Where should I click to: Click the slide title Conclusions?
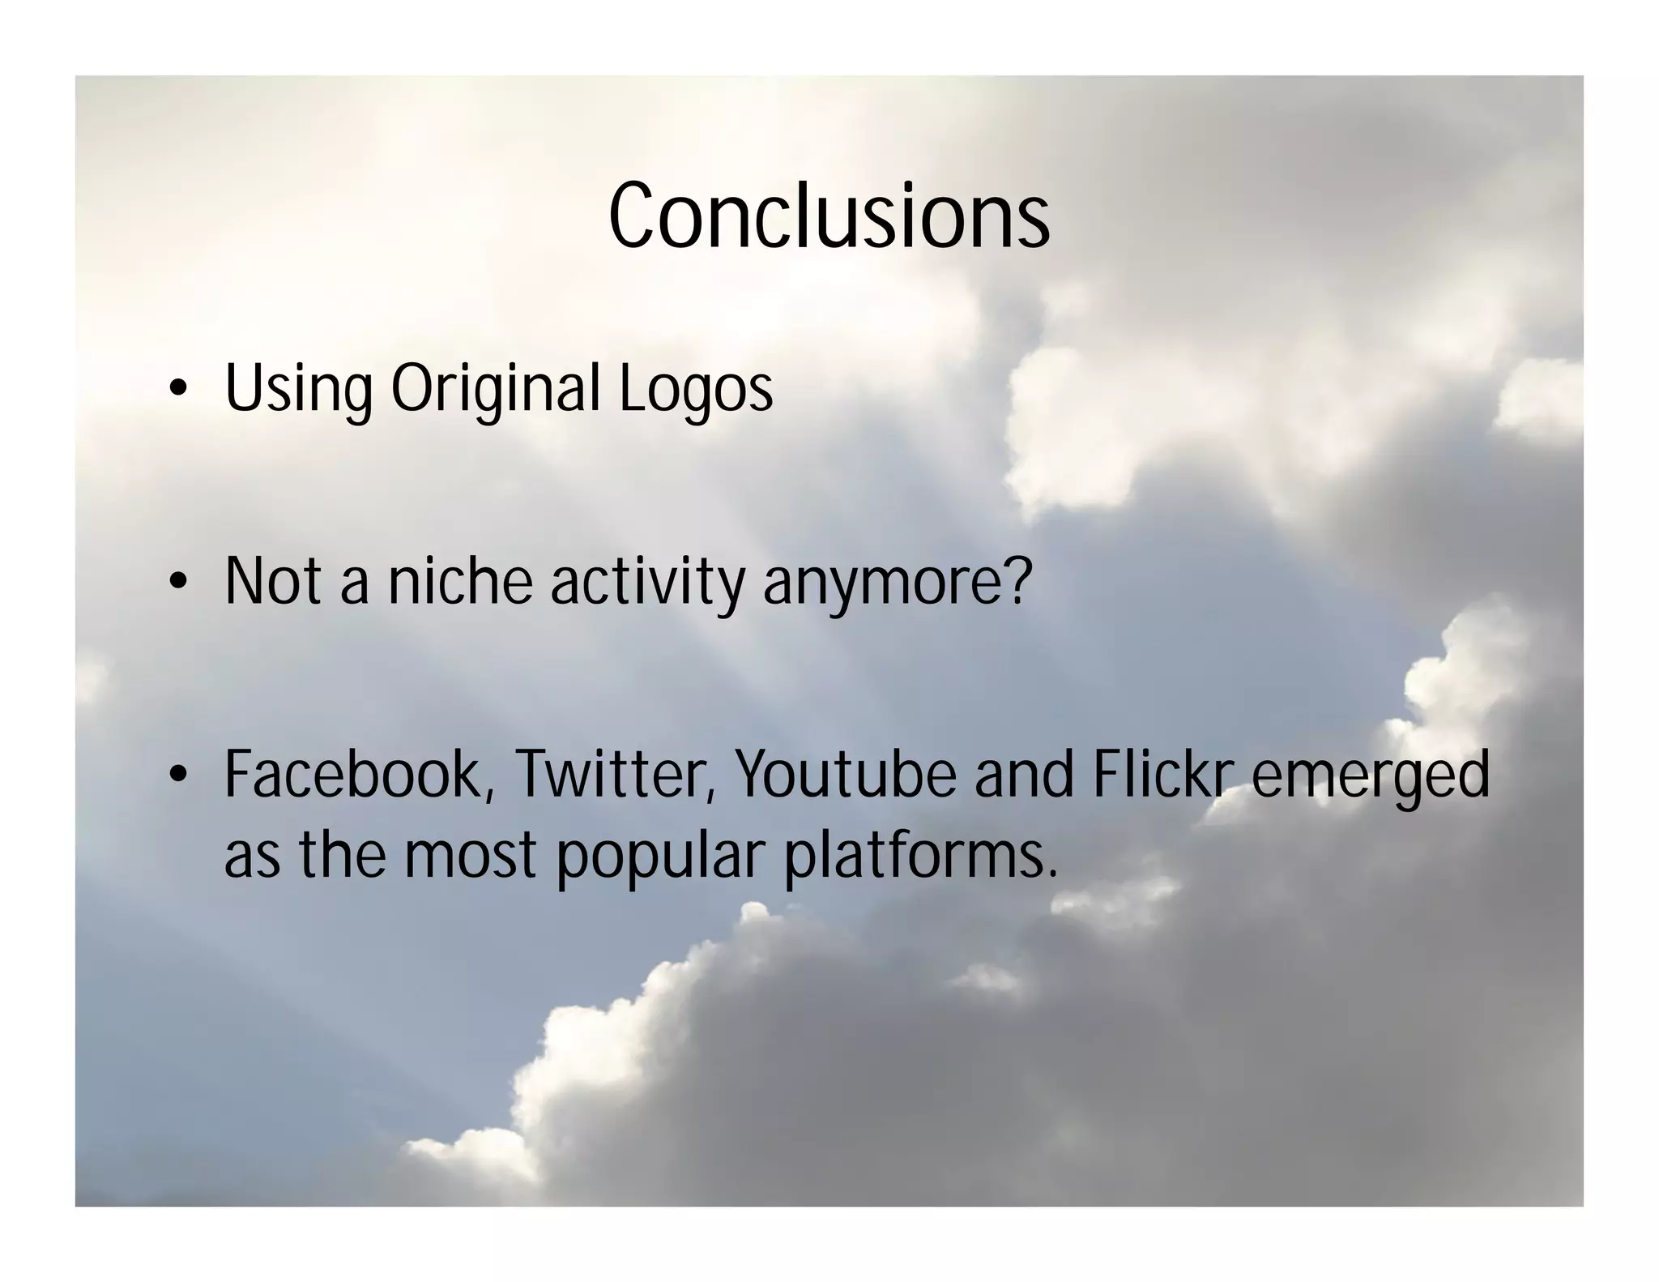[829, 216]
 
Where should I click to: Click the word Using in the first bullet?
[297, 390]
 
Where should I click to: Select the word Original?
[496, 390]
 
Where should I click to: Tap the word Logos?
[696, 390]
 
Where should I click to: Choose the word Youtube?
[845, 775]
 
